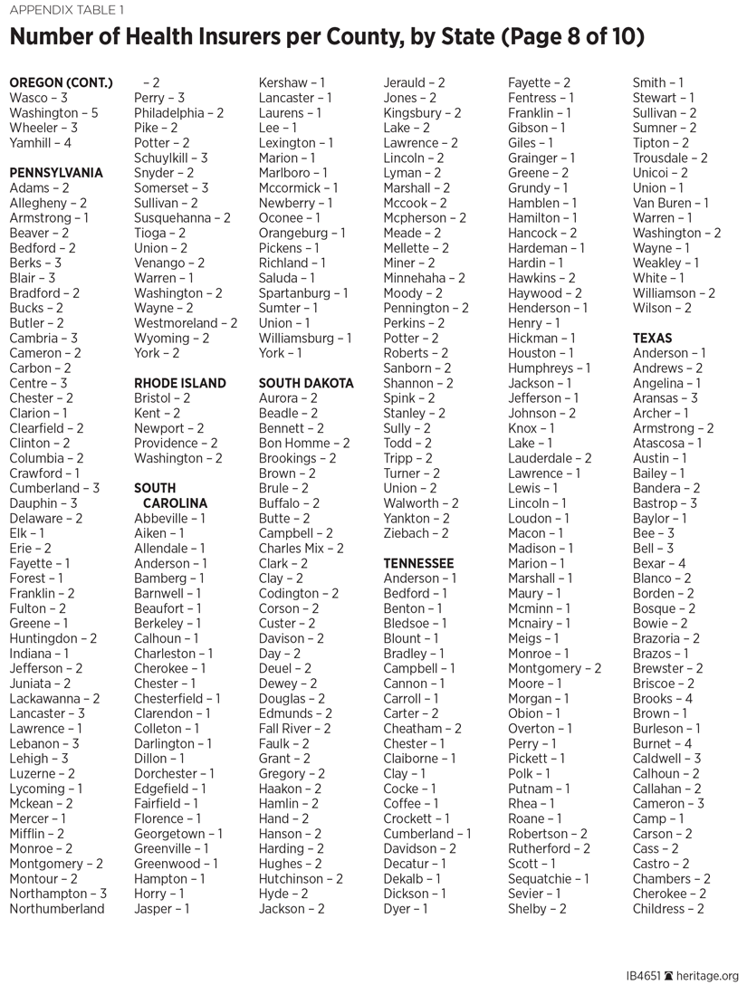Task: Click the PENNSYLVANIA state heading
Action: pos(56,173)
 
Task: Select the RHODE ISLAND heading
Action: pos(180,383)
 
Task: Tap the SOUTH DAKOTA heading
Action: pos(306,383)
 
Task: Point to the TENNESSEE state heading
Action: pos(418,563)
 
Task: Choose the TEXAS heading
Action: pos(652,339)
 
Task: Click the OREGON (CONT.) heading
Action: pos(61,83)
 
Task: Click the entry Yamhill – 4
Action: pos(40,143)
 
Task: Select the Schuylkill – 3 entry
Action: pos(171,158)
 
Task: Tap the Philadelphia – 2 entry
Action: pos(178,113)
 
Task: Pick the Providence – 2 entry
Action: pos(176,444)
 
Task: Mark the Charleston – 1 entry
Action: pos(174,654)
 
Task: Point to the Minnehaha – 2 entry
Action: pos(424,278)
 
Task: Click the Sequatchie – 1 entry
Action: pos(548,879)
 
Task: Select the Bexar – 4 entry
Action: pos(659,563)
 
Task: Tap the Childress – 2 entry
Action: pos(668,909)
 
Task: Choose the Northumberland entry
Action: pos(57,909)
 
